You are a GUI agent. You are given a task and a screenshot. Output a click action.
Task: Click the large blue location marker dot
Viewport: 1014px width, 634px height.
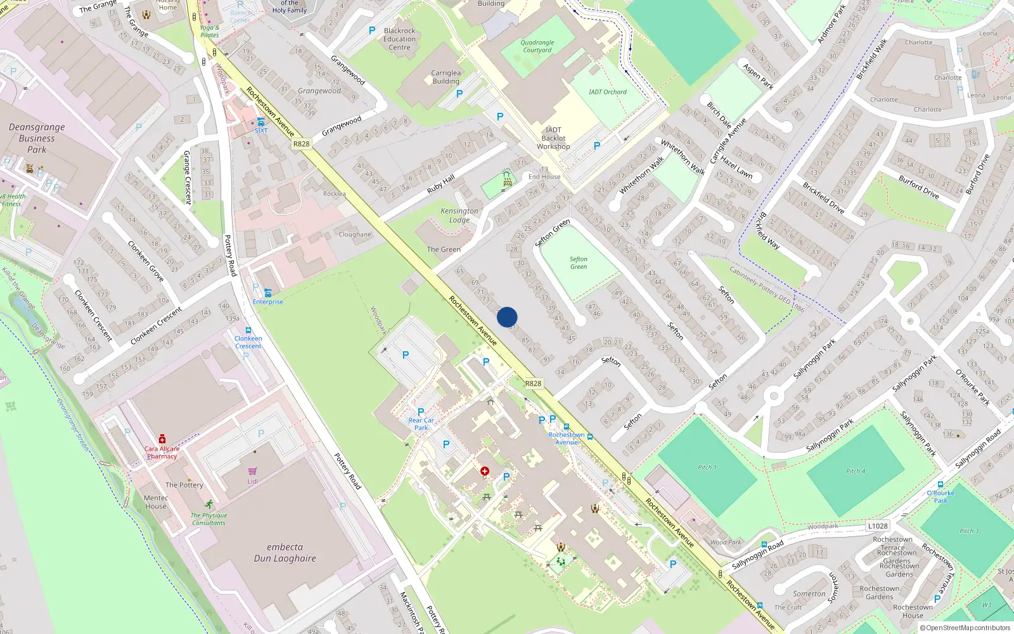point(507,317)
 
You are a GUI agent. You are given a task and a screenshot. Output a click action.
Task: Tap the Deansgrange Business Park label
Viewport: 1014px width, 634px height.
point(37,138)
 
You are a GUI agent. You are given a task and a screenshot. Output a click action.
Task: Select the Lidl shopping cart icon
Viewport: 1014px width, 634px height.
point(253,471)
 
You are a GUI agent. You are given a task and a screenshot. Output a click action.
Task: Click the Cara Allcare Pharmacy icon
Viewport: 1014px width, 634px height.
point(162,439)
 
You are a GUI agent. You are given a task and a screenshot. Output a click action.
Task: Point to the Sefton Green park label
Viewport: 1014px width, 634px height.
point(578,263)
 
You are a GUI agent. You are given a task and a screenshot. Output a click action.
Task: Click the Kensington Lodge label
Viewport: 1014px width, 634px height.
point(459,216)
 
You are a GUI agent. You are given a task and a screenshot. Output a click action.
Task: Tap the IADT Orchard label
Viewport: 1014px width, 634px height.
point(607,92)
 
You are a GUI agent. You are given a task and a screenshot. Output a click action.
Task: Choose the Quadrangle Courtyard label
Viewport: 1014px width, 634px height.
point(537,46)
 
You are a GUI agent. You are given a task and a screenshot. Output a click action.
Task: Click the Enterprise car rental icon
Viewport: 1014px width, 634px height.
point(267,293)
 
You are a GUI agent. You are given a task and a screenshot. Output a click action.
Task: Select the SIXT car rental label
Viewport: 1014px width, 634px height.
point(261,131)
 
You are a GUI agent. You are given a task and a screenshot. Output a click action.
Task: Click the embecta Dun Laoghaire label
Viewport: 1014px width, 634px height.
point(285,553)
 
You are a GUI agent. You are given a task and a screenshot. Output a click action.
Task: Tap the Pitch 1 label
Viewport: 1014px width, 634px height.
point(707,467)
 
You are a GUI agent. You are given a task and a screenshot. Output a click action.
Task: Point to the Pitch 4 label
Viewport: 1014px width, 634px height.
point(856,471)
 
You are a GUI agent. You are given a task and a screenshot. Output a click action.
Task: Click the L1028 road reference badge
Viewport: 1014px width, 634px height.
point(878,526)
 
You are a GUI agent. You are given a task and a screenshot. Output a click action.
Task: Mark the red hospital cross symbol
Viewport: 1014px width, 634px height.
point(485,471)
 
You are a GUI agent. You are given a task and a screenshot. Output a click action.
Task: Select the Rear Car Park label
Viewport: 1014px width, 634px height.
point(421,424)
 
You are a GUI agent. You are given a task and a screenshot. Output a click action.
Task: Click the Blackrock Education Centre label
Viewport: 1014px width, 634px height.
point(399,39)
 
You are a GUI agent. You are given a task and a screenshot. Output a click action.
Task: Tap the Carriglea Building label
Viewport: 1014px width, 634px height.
point(446,77)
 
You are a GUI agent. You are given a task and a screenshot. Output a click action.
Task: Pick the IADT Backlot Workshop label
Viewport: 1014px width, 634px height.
point(553,138)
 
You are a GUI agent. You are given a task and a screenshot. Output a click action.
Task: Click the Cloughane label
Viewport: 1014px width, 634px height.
point(355,235)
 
